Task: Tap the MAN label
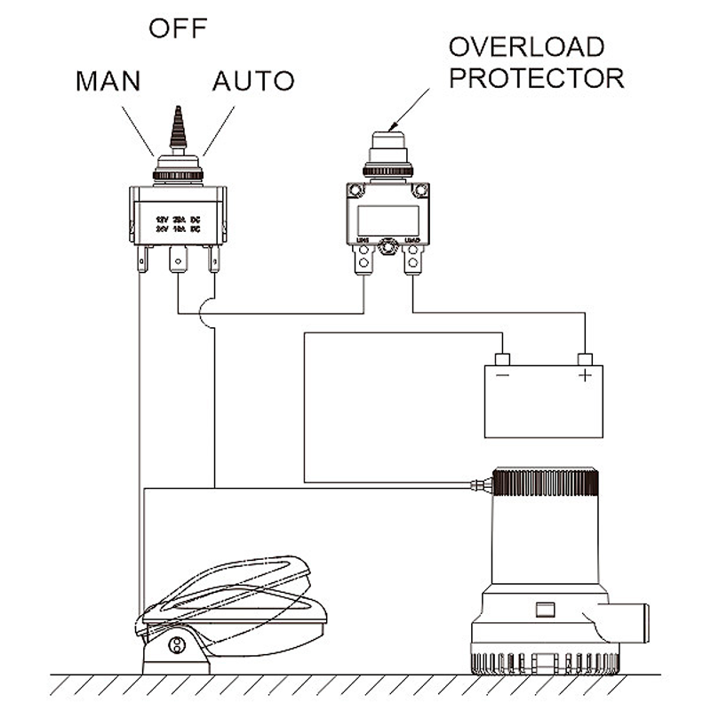pos(108,81)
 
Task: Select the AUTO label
pos(252,81)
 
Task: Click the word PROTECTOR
pos(536,77)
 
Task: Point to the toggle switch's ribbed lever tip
pos(179,129)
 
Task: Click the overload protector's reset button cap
pos(387,143)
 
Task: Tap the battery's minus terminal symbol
pos(502,376)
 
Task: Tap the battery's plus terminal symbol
pos(585,376)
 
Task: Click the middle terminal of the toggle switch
pos(179,263)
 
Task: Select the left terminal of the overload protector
pos(363,260)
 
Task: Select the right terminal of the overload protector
pos(411,260)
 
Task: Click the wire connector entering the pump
pos(480,485)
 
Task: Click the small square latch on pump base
pos(544,611)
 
